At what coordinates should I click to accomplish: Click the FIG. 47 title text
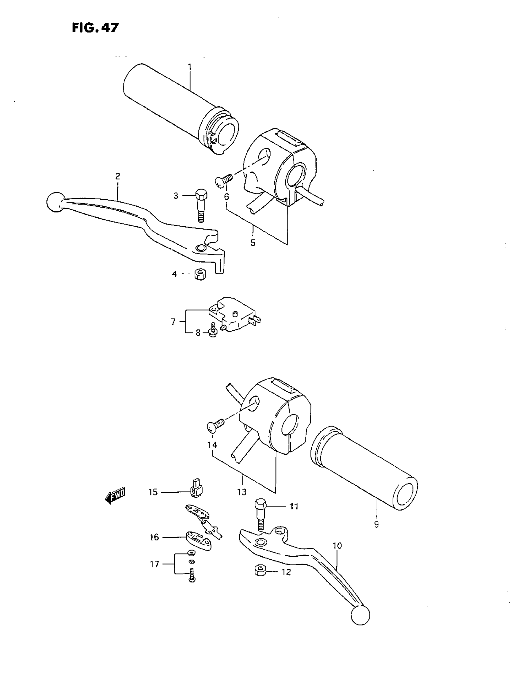pyautogui.click(x=95, y=28)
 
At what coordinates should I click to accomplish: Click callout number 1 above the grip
pyautogui.click(x=190, y=67)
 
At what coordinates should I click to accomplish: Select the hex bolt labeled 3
pyautogui.click(x=201, y=207)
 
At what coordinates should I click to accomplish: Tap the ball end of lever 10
pyautogui.click(x=360, y=615)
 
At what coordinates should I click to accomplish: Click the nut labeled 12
pyautogui.click(x=261, y=571)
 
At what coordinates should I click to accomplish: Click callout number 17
pyautogui.click(x=154, y=564)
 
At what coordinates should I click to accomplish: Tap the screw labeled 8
pyautogui.click(x=212, y=330)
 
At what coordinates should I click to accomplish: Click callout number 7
pyautogui.click(x=173, y=322)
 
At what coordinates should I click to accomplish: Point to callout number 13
pyautogui.click(x=242, y=492)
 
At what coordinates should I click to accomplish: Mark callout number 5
pyautogui.click(x=253, y=243)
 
